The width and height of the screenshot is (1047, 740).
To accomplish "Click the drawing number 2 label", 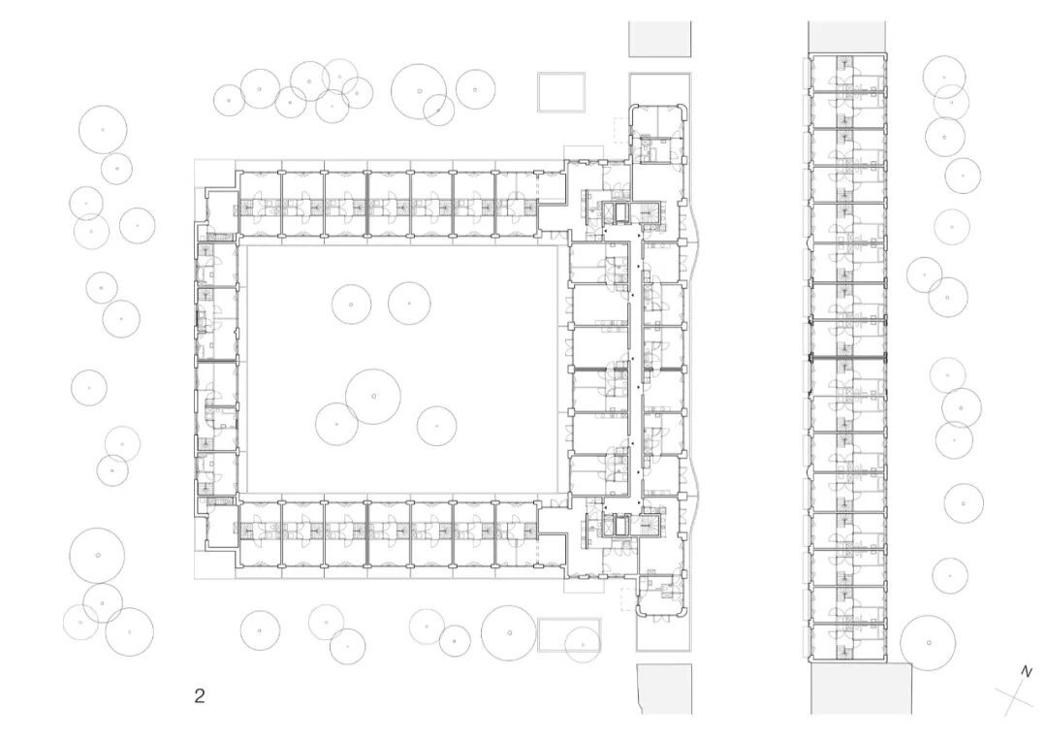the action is (200, 695).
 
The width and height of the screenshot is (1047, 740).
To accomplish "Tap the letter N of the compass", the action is (1027, 671).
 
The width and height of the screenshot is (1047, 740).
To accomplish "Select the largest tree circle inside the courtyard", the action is (373, 397).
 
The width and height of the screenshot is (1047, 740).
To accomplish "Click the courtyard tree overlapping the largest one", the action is (336, 424).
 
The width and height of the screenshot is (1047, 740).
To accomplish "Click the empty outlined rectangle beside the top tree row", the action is (563, 92).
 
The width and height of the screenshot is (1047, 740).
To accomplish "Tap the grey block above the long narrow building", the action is (846, 37).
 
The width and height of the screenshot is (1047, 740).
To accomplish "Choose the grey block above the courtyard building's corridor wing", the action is (659, 39).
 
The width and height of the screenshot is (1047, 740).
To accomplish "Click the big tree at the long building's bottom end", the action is (928, 642).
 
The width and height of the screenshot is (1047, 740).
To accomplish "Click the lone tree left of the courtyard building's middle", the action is (89, 387).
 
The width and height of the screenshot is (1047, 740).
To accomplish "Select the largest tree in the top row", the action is (419, 91).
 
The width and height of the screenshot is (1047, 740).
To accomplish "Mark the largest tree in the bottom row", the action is (508, 633).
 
